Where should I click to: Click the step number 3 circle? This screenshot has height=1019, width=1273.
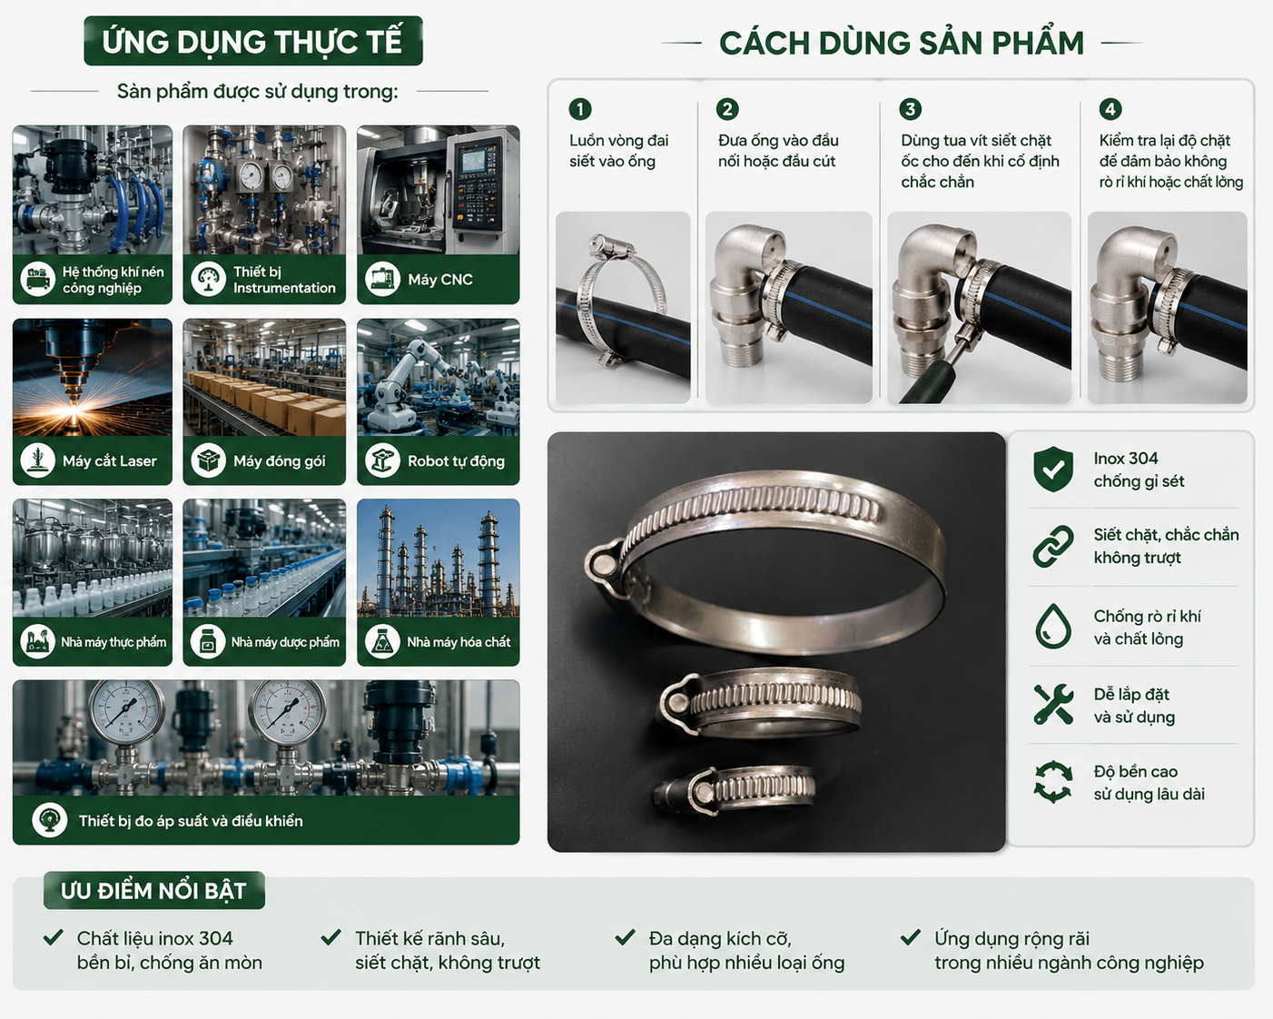point(910,109)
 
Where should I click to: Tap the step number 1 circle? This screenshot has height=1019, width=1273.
point(579,109)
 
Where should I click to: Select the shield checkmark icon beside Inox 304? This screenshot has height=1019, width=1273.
point(1053,470)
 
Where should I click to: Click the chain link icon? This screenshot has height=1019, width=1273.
point(1053,546)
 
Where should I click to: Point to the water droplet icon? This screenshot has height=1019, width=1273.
point(1053,626)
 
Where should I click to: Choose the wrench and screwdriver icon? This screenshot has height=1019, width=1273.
point(1053,704)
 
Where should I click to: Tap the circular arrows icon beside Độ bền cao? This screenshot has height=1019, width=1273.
point(1053,782)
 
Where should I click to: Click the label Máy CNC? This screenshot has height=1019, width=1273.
point(440,280)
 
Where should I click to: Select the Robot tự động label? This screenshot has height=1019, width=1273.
point(456,461)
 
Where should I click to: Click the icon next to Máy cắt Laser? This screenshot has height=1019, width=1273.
point(38,460)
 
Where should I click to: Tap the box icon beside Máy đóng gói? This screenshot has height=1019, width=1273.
point(208,460)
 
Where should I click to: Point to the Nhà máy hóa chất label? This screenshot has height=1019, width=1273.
point(459,641)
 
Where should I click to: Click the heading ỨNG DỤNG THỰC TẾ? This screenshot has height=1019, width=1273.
point(252,42)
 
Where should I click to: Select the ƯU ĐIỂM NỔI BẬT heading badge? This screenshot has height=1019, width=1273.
point(153,891)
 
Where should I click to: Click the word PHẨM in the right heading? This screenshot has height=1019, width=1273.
point(1038,43)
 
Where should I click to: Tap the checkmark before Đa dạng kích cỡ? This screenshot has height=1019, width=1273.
point(626,937)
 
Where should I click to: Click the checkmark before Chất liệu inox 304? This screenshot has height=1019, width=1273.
point(54,937)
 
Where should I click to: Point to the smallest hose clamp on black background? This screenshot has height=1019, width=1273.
point(734,790)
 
